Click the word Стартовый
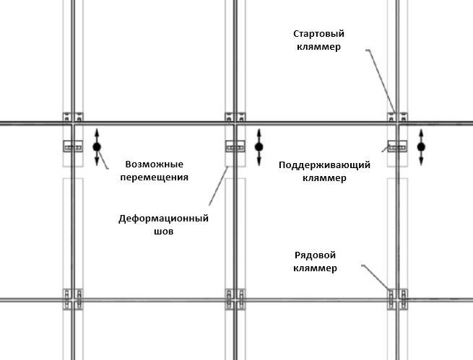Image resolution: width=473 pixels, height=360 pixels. [319, 34]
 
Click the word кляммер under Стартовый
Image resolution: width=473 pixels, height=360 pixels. [319, 47]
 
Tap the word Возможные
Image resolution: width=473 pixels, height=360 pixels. [155, 164]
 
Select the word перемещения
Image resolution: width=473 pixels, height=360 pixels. [155, 177]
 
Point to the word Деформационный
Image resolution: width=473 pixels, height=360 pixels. [163, 219]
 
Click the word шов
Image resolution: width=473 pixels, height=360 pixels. [164, 232]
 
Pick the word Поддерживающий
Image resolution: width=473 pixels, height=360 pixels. [324, 165]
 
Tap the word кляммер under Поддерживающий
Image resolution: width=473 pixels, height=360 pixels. [324, 178]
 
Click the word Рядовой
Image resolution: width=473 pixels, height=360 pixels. [316, 255]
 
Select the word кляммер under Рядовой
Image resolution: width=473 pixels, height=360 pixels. [316, 268]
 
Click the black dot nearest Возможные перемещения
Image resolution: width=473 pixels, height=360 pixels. [97, 147]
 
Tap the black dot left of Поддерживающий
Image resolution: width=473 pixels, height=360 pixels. [259, 147]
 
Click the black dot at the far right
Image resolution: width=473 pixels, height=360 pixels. [422, 147]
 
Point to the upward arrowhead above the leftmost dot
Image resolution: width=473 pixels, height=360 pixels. [97, 132]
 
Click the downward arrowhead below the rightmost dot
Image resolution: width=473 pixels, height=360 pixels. [422, 162]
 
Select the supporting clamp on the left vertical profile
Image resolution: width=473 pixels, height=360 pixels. [73, 146]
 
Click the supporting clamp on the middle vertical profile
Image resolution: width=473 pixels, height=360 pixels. [235, 146]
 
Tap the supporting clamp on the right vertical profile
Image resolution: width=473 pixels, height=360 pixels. [397, 146]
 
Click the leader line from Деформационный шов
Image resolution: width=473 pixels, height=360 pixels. [219, 186]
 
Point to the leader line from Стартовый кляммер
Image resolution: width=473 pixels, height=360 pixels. [381, 81]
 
